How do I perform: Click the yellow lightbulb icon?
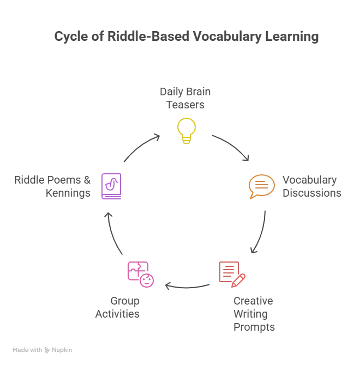click(185, 130)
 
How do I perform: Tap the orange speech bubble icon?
click(261, 187)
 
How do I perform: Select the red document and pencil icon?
click(231, 273)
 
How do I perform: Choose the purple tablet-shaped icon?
click(111, 185)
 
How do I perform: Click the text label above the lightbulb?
click(185, 97)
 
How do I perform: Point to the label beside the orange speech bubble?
click(311, 187)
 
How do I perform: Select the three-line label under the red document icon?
click(253, 314)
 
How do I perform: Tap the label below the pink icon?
click(116, 307)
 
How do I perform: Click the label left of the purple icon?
click(52, 186)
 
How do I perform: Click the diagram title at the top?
click(184, 37)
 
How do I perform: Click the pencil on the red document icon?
click(238, 280)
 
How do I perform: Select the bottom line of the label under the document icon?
click(253, 327)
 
